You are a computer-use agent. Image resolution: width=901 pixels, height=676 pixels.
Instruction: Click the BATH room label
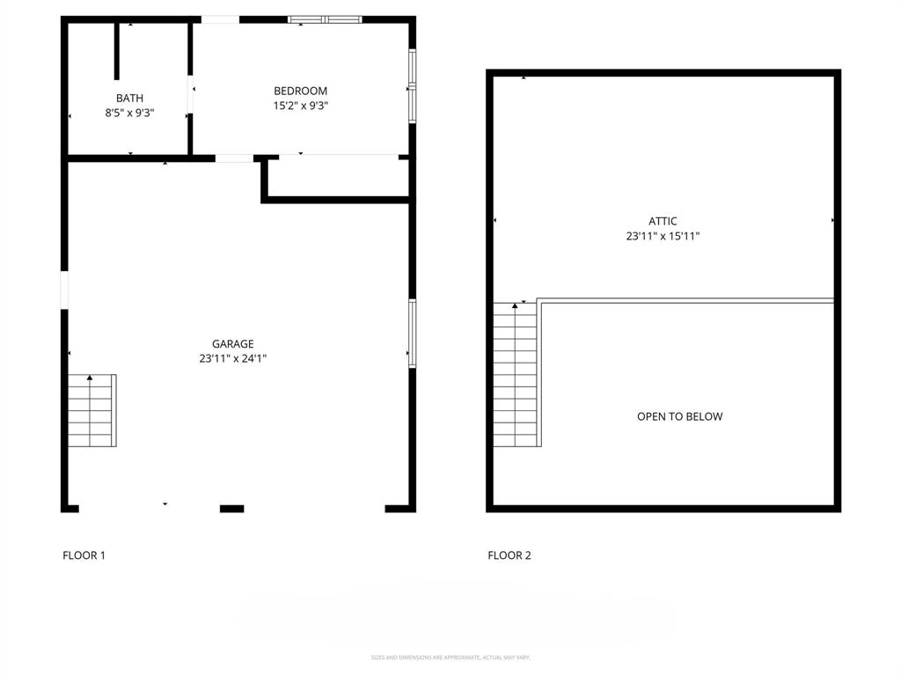(129, 98)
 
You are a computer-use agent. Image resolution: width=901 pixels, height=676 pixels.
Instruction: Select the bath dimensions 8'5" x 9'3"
(129, 113)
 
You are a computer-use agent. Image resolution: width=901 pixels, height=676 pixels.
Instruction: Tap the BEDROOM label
(300, 91)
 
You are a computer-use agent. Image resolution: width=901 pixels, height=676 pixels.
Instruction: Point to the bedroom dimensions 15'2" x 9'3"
(300, 106)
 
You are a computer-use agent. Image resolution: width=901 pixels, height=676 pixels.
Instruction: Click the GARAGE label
(232, 344)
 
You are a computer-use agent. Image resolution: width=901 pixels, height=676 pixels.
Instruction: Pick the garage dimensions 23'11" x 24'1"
(232, 358)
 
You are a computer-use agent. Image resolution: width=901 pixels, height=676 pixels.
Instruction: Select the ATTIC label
(663, 222)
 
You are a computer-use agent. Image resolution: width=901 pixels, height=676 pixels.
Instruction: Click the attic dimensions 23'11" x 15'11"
(663, 236)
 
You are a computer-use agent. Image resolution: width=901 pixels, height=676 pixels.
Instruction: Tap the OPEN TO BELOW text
(679, 416)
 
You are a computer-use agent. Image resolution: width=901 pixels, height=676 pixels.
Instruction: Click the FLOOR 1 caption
(84, 555)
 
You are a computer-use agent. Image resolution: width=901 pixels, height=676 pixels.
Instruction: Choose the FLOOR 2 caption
(509, 555)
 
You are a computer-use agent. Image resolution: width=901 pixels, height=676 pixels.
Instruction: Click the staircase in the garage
(92, 410)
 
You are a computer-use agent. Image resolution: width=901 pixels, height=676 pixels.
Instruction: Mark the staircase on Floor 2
(516, 374)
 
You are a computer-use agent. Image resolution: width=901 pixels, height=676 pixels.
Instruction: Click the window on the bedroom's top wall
(326, 19)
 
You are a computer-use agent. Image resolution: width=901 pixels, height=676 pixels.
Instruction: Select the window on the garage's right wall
(412, 332)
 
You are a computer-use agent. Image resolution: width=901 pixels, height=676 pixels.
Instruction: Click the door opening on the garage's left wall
(64, 290)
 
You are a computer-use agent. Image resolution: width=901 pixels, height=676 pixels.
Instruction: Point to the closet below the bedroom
(338, 178)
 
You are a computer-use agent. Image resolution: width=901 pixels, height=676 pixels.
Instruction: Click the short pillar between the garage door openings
(231, 508)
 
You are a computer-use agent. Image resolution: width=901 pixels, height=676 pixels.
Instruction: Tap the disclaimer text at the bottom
(450, 658)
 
